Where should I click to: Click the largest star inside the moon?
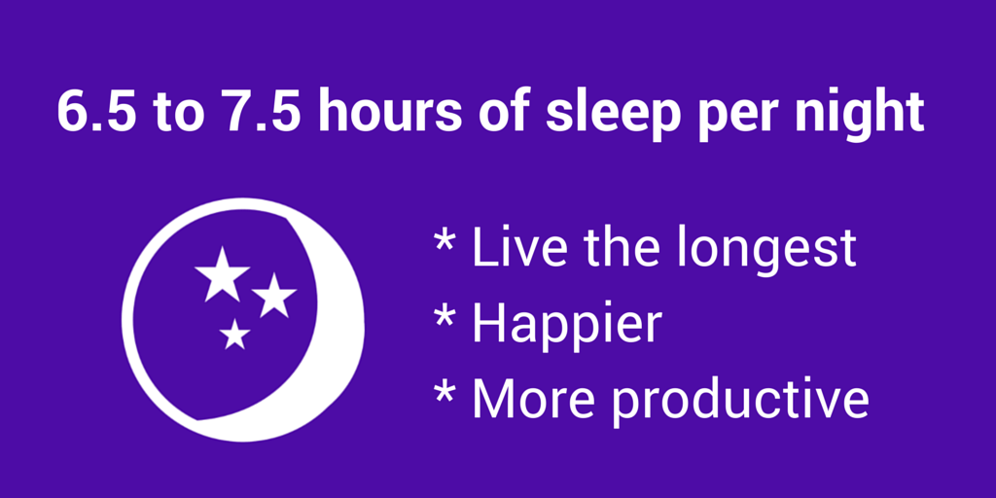223,274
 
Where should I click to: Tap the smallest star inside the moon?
234,336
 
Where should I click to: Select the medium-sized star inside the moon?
274,296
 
